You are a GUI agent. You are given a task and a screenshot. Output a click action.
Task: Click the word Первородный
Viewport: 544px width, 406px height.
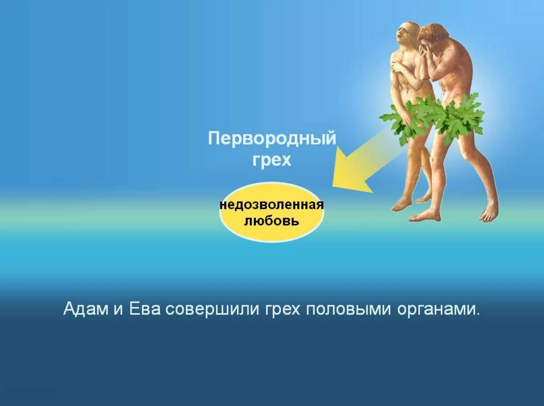[272, 139]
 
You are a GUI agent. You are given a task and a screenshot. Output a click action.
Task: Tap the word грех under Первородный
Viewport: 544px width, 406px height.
[272, 160]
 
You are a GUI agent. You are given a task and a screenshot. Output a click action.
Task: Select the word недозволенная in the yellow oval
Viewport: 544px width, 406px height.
[272, 205]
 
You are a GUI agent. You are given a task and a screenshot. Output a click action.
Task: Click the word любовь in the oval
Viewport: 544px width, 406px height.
[272, 221]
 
